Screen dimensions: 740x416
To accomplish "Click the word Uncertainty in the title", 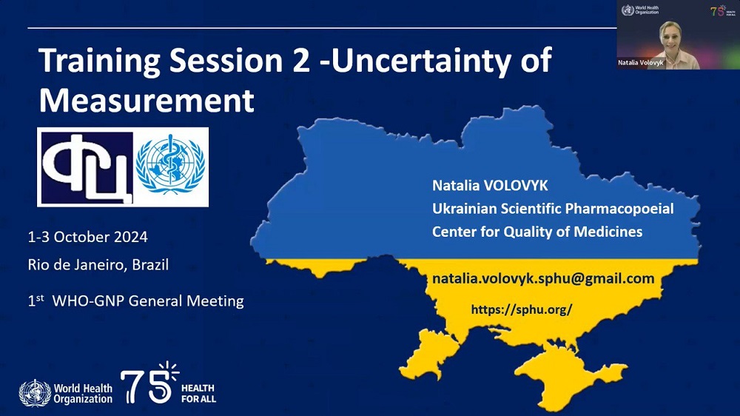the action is coord(421,61).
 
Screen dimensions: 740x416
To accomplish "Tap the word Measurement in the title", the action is coord(147,100).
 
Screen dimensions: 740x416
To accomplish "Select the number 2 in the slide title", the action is coord(300,61).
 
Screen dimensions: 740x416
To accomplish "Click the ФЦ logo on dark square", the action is coord(87,167).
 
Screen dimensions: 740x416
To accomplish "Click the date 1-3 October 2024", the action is coord(88,237).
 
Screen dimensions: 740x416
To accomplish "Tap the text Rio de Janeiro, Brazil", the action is coord(98,264).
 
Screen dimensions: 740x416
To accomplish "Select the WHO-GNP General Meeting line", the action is coord(136,301).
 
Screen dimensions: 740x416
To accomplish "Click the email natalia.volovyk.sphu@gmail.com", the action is coord(543,278).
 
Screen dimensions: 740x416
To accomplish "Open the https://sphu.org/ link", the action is coord(522,309).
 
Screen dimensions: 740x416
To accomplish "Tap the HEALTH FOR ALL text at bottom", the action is coord(198,393).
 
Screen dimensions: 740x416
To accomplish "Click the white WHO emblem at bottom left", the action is coord(35,393).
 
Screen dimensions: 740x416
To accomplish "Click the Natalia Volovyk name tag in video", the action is coord(640,62).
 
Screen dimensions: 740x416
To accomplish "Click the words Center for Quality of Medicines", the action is coord(537,232).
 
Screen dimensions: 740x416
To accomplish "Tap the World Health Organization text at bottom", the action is coord(83,393).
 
